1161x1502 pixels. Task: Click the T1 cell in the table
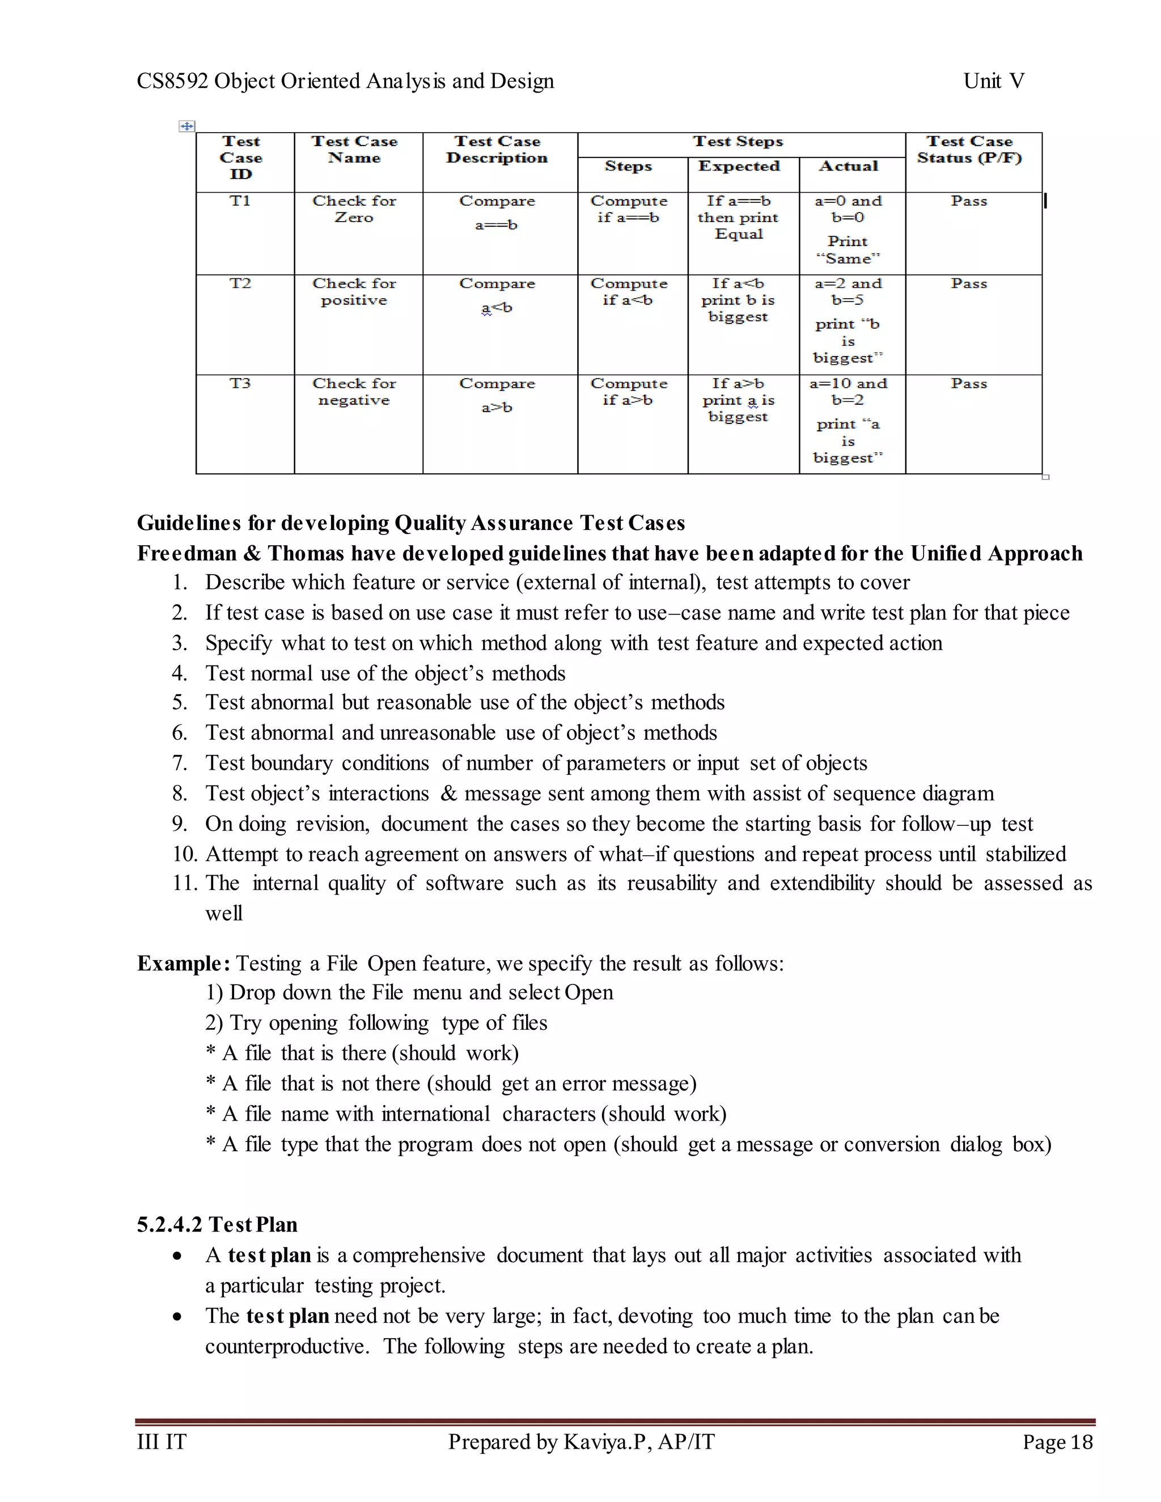(x=240, y=202)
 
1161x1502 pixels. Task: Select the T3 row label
(x=240, y=384)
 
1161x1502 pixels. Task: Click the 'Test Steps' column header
(x=738, y=142)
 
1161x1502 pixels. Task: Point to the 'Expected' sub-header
(x=739, y=167)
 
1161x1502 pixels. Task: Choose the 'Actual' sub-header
(x=849, y=167)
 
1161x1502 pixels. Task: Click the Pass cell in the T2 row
(x=969, y=284)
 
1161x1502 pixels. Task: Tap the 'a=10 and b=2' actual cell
(x=848, y=392)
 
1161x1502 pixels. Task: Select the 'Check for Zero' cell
(x=354, y=209)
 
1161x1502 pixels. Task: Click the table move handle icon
(x=187, y=126)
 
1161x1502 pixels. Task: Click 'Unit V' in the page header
(x=993, y=81)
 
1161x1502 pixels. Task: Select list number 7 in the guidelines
(x=180, y=763)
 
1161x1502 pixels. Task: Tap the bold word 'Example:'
(x=184, y=964)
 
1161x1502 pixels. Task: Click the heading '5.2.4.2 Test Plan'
(x=217, y=1225)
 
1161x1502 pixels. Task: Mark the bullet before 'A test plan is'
(x=178, y=1257)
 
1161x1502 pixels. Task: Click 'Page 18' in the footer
(x=1057, y=1442)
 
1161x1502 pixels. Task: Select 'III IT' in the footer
(x=162, y=1442)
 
